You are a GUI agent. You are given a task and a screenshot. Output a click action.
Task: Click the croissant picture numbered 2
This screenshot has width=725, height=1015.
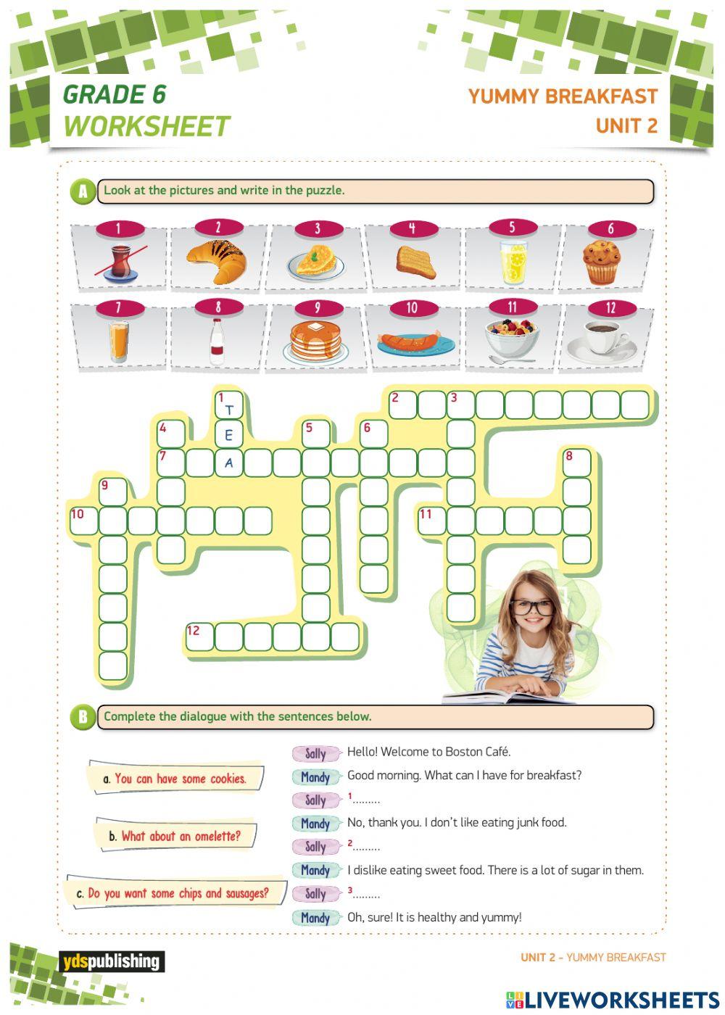(216, 261)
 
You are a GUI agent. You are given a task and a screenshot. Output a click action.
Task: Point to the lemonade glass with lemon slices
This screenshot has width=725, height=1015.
(513, 262)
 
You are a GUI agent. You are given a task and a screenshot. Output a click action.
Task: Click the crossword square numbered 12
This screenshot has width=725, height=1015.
(200, 637)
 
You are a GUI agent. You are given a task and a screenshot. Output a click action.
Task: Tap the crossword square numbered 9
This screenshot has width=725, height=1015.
(113, 492)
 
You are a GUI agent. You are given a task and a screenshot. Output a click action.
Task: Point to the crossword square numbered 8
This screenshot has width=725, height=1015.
(577, 463)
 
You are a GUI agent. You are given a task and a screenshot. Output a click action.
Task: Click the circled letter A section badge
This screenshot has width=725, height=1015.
(83, 191)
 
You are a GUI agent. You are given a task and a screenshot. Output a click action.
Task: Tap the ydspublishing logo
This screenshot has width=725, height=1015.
(111, 961)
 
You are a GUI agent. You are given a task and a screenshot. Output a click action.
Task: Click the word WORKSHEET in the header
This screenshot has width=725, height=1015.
(146, 127)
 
